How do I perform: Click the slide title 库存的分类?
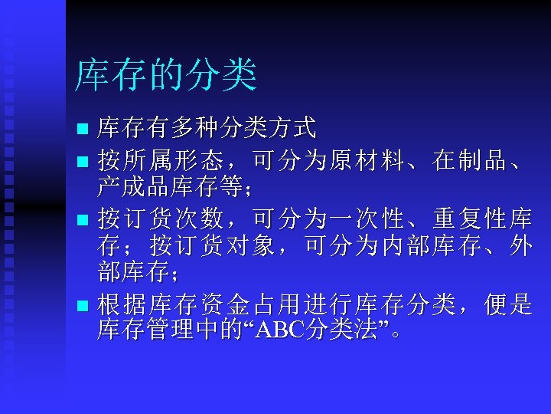pyautogui.click(x=165, y=76)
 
